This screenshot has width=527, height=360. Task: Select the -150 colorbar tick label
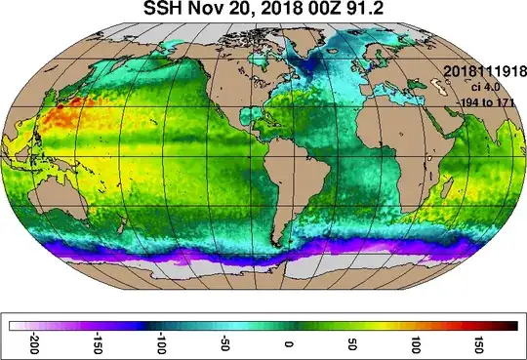[x=96, y=345]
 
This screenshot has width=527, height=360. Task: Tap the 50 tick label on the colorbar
[x=351, y=345]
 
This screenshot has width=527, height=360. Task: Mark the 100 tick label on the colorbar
[x=416, y=345]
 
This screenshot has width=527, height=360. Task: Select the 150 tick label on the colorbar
[x=479, y=345]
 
